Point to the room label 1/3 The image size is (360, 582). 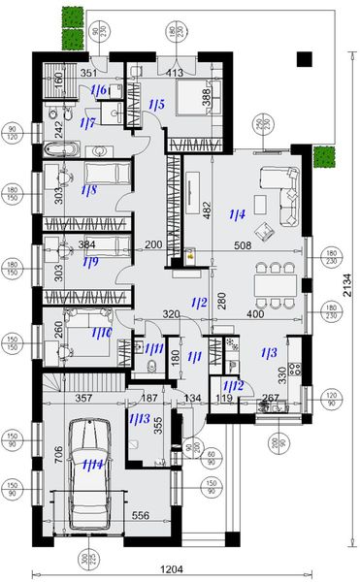(x=271, y=354)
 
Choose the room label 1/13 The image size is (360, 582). (x=139, y=419)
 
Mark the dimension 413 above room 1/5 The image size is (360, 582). (x=175, y=72)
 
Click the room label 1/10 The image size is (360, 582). (x=101, y=333)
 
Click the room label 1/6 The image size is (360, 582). (x=99, y=89)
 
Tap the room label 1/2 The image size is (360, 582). (x=201, y=303)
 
